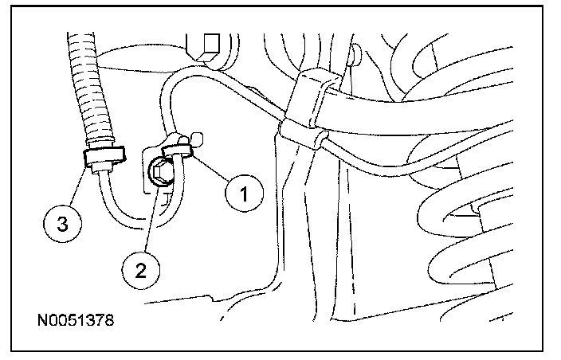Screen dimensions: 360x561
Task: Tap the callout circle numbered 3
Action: coord(61,225)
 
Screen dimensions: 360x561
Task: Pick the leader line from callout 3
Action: coord(75,186)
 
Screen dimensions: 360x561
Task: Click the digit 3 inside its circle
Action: coord(61,225)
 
